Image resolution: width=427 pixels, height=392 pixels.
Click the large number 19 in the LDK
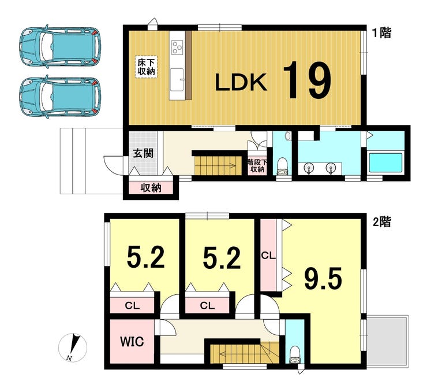click(307, 80)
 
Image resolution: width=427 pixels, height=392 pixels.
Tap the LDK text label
click(241, 83)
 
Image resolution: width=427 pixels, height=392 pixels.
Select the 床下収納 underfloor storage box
click(146, 67)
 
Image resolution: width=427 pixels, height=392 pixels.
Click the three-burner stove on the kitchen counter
click(177, 47)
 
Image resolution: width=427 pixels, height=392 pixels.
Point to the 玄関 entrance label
click(143, 153)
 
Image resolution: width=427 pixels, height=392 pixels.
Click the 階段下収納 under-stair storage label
click(257, 165)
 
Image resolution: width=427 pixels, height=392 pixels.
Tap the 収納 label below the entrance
click(151, 188)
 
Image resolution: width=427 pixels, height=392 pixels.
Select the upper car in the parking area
click(60, 45)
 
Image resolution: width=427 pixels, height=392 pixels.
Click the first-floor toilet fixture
click(282, 167)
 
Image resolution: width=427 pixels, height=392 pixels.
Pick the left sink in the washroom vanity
click(308, 168)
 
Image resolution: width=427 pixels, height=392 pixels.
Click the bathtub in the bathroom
click(385, 162)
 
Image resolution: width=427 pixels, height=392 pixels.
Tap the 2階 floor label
click(382, 222)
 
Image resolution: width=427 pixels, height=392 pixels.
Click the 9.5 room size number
click(323, 279)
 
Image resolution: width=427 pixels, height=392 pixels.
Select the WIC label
click(132, 341)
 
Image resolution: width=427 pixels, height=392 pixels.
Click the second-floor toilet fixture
click(294, 354)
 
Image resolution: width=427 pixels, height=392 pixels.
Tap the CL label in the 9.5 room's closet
click(268, 256)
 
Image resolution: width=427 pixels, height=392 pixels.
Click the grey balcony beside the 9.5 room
click(388, 342)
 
